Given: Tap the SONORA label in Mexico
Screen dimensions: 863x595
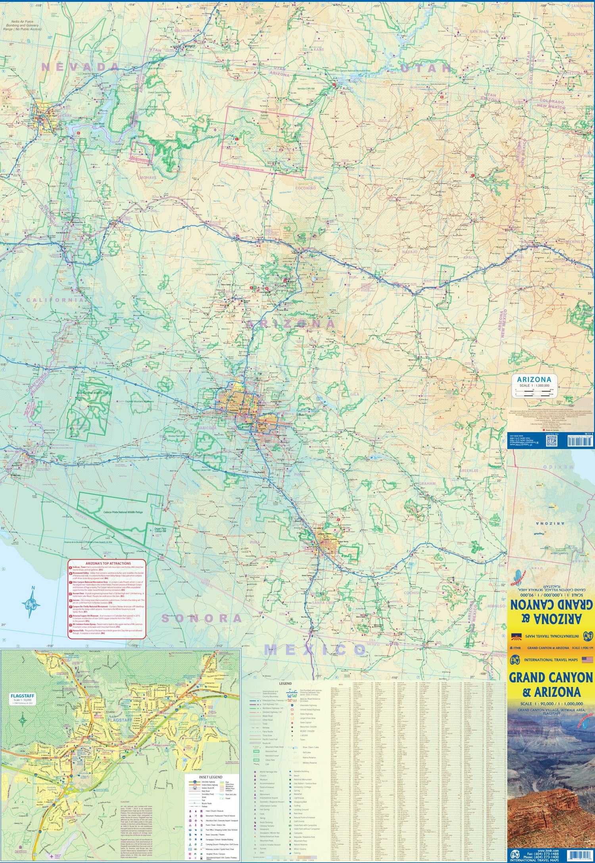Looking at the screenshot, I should tap(202, 618).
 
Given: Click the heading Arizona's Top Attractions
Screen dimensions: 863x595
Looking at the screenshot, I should tap(108, 563).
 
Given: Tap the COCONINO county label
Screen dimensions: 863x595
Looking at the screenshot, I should tap(305, 188).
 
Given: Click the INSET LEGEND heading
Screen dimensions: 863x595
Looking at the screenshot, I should tap(211, 777).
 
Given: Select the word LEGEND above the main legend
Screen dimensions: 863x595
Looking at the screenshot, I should tap(285, 683).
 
